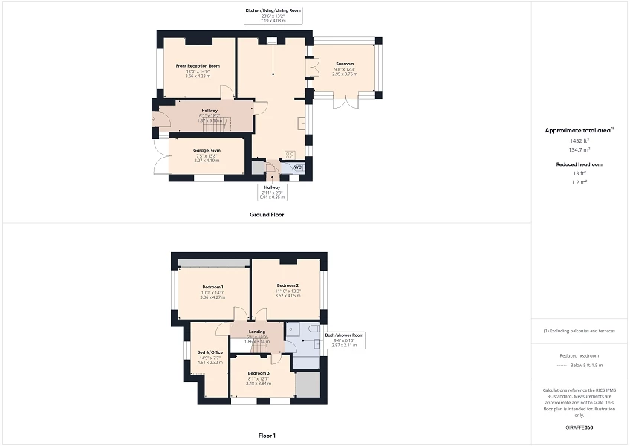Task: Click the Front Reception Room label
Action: (x=198, y=66)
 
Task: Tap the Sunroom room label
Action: (x=344, y=64)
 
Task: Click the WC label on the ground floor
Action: (x=297, y=167)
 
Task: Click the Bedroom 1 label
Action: (x=212, y=287)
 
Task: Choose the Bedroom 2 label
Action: (x=288, y=285)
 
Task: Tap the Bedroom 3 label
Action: (x=258, y=373)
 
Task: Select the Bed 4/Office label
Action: (x=210, y=352)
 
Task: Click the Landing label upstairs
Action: (x=257, y=332)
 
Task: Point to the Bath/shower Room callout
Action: (x=344, y=335)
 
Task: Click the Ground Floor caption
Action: (x=267, y=214)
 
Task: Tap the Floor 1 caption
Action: (x=267, y=435)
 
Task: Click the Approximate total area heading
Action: (x=579, y=130)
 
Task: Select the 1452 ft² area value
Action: (x=579, y=140)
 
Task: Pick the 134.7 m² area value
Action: (x=579, y=149)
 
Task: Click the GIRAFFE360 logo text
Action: (x=579, y=427)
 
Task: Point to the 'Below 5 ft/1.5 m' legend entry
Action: (x=586, y=366)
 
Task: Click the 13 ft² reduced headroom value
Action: (x=579, y=173)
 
